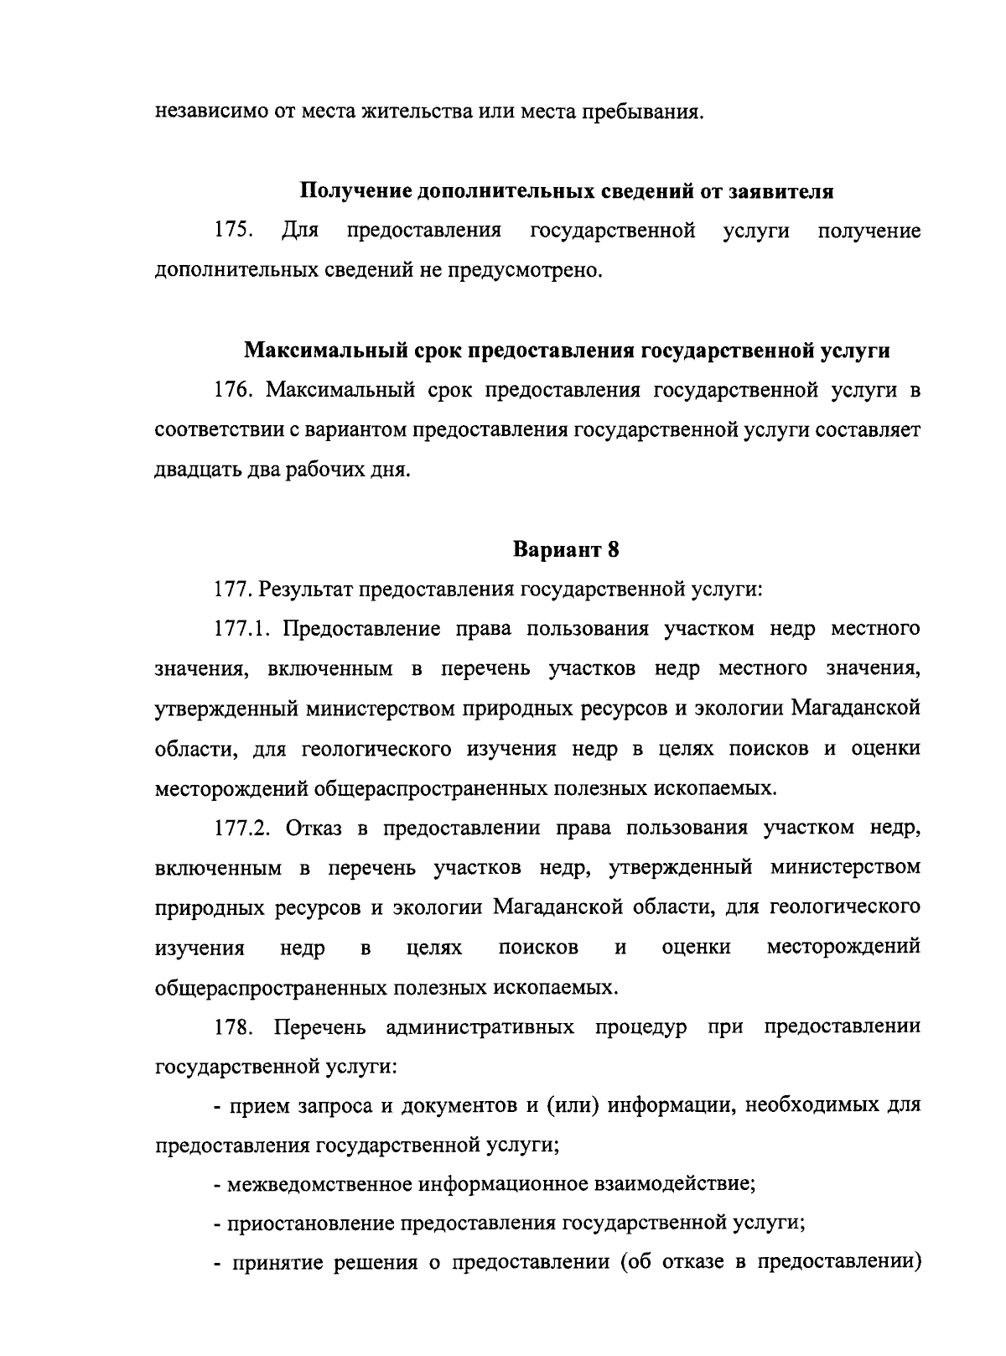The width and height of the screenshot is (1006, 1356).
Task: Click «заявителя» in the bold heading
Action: (x=786, y=191)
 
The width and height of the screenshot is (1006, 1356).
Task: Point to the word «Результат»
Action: (x=306, y=590)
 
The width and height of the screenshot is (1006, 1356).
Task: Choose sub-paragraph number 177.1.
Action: (x=242, y=629)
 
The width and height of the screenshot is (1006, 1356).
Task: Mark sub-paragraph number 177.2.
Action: (x=242, y=828)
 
